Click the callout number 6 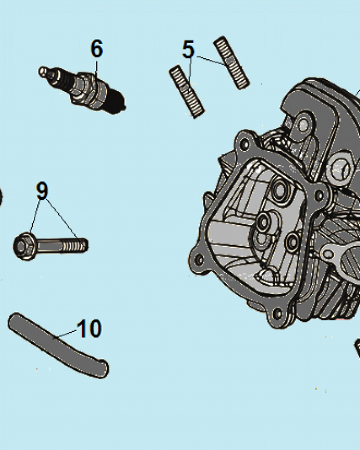coord(96,49)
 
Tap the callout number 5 coord(189,49)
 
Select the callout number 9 coord(42,190)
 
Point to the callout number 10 coord(89,328)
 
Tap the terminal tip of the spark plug coord(43,71)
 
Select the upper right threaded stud coord(232,63)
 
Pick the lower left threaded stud coord(187,91)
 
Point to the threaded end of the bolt coord(75,245)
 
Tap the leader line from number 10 coord(65,335)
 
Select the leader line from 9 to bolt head coord(35,216)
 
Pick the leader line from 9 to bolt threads coord(62,218)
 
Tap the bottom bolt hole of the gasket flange coord(278,314)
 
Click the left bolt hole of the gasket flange coord(199,260)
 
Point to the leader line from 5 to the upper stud coord(210,60)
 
